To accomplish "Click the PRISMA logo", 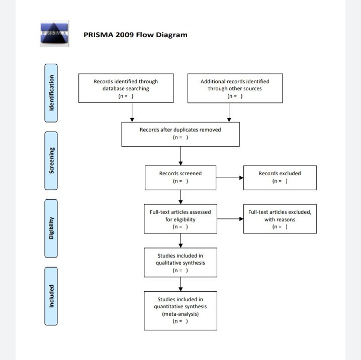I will (54, 35).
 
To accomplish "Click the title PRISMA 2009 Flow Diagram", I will (135, 35).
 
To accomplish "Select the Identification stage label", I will (51, 93).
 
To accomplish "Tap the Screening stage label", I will (51, 161).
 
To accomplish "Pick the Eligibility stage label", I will (51, 228).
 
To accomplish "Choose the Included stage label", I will (51, 296).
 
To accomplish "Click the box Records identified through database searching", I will (126, 88).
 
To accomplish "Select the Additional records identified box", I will (235, 88).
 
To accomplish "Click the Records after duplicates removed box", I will (180, 134).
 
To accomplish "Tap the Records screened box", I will (180, 177).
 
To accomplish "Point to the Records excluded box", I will (280, 177).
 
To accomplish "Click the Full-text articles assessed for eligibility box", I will (180, 219).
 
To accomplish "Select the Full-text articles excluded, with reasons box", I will (280, 219).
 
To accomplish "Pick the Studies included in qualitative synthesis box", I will (180, 263).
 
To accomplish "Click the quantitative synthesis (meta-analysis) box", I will (180, 310).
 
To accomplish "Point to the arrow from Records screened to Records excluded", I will (230, 177).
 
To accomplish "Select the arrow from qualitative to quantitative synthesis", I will (180, 284).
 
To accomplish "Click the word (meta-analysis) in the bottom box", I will (180, 314).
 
